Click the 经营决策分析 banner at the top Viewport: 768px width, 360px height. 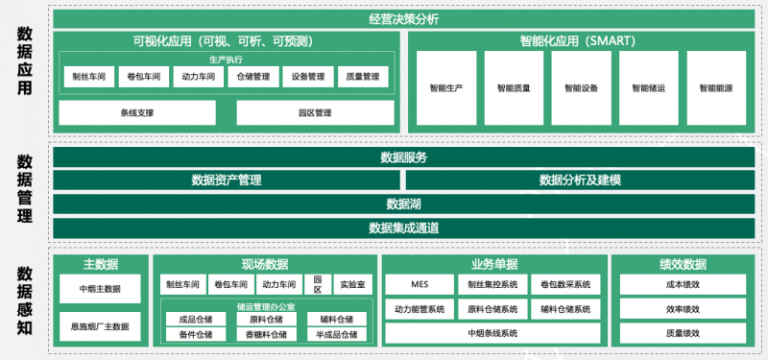click(x=403, y=18)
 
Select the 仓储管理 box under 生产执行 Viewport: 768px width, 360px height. click(x=253, y=77)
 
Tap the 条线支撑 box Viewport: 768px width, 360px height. click(x=137, y=113)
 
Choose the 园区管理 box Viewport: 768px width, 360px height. click(x=315, y=113)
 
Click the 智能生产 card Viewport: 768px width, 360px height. click(x=446, y=88)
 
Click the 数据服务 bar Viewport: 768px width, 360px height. click(x=403, y=157)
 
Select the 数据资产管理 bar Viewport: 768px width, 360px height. click(x=227, y=180)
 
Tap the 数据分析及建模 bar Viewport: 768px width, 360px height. click(x=580, y=180)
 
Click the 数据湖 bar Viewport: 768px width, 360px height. click(x=403, y=204)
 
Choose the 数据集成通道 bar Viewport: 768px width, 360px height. click(x=403, y=228)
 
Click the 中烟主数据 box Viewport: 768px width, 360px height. click(x=100, y=287)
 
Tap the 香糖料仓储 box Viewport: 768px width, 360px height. click(x=265, y=334)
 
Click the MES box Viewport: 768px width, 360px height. click(x=419, y=284)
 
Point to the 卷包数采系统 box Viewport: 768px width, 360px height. click(x=565, y=284)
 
